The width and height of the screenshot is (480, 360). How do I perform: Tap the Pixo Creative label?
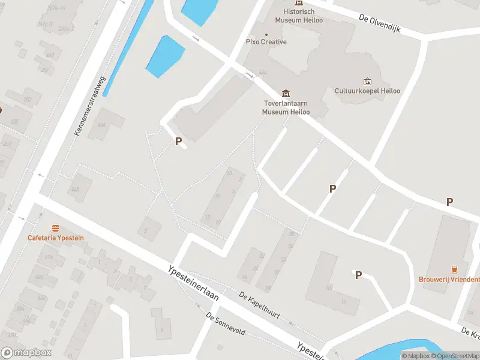click(x=266, y=41)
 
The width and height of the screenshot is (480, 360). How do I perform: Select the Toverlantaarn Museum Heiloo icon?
click(x=286, y=94)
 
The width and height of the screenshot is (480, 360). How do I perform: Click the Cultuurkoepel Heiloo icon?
click(x=367, y=82)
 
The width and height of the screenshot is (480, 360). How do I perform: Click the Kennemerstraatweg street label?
click(x=89, y=106)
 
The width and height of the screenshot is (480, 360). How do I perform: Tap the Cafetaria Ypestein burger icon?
click(x=56, y=228)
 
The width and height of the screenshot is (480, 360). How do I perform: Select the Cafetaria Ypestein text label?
click(x=56, y=238)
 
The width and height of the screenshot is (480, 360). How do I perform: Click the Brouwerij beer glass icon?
click(x=454, y=269)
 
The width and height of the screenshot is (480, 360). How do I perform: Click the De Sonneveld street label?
click(x=226, y=324)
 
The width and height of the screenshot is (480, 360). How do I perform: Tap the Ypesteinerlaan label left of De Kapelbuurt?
click(x=193, y=284)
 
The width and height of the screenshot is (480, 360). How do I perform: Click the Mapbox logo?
click(x=26, y=353)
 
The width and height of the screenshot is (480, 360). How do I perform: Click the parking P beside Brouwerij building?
click(x=449, y=202)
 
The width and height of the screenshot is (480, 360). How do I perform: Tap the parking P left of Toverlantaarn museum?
click(x=178, y=142)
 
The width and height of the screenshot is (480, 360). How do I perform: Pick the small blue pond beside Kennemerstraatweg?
click(x=163, y=56)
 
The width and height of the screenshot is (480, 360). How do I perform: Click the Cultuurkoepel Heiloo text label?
click(x=367, y=91)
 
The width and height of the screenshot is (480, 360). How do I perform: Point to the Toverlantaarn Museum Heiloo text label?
click(x=287, y=107)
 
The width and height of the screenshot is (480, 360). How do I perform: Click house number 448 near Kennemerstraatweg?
click(x=76, y=190)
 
